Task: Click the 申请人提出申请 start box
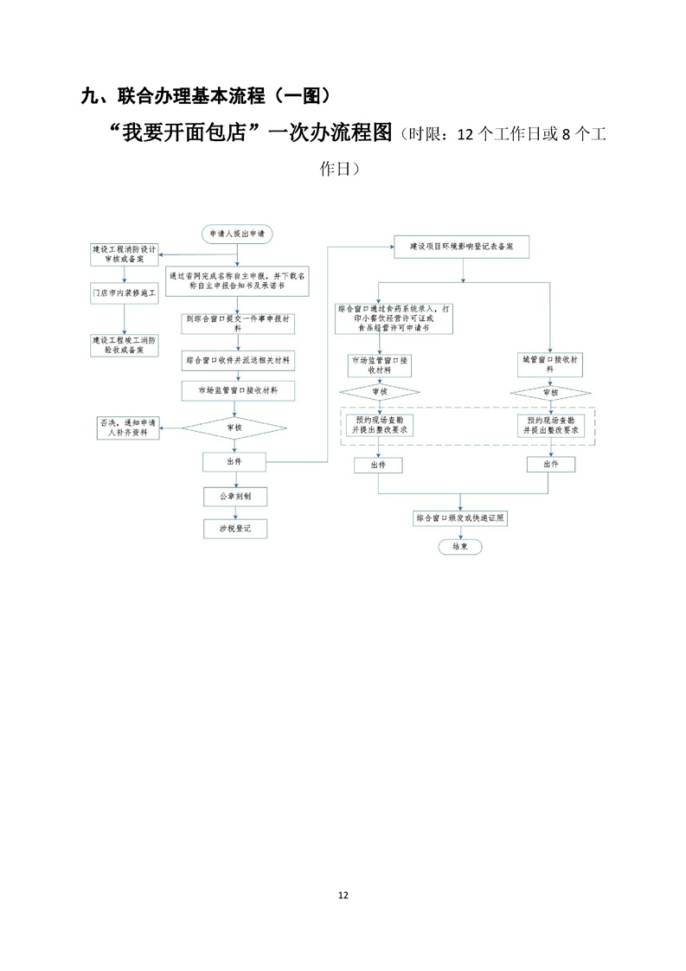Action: click(x=236, y=234)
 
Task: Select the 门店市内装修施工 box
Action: click(x=125, y=294)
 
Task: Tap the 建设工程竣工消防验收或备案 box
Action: click(x=125, y=344)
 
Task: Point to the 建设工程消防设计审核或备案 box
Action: click(x=125, y=254)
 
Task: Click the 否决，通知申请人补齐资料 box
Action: click(x=127, y=427)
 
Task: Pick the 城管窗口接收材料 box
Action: click(x=550, y=363)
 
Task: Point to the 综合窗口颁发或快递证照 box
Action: click(x=460, y=518)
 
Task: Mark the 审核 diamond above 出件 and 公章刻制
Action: click(x=234, y=427)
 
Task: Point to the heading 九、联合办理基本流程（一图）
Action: click(x=203, y=96)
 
